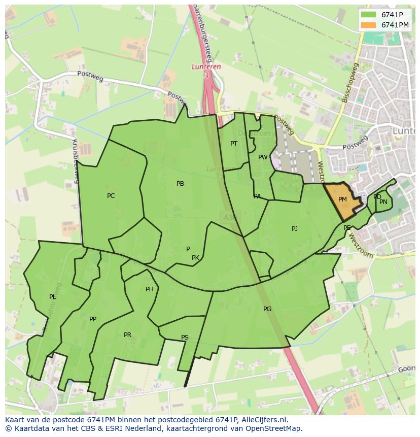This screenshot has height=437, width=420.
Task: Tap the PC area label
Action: click(x=111, y=196)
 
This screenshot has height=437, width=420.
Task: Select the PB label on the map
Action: click(x=180, y=184)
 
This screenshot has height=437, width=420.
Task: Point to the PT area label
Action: click(x=233, y=144)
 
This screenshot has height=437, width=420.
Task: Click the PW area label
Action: click(x=262, y=157)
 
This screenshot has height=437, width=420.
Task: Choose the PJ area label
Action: click(x=295, y=229)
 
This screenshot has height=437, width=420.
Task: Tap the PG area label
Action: click(x=267, y=309)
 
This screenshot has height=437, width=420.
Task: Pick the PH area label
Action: click(x=149, y=289)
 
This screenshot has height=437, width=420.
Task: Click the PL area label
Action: click(x=53, y=297)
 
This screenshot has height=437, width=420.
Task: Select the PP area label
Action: click(x=92, y=319)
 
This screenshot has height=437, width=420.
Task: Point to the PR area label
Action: click(x=127, y=335)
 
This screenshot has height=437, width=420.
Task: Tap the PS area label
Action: click(x=185, y=338)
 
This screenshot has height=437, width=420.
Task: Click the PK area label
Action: click(x=195, y=258)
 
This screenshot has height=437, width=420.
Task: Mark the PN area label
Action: click(x=383, y=202)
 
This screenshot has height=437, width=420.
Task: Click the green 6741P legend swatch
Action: click(x=368, y=15)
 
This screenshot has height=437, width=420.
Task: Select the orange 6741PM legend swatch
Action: click(x=368, y=25)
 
